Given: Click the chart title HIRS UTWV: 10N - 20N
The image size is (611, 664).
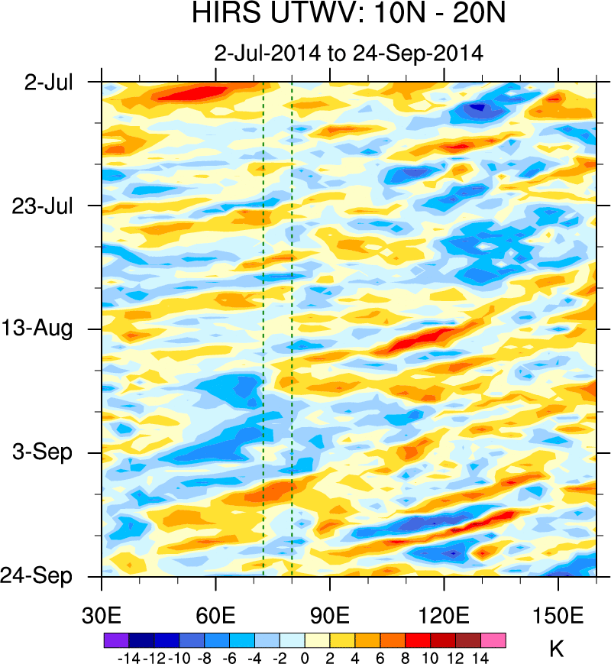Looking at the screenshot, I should tap(348, 15).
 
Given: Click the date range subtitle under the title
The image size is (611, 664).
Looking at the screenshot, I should tap(348, 53).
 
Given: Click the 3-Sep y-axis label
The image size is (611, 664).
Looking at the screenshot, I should tap(45, 452).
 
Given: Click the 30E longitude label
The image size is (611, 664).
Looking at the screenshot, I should tap(102, 616).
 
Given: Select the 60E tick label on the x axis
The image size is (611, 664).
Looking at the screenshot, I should tap(216, 616).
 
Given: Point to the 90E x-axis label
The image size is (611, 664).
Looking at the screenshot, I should tap(330, 616).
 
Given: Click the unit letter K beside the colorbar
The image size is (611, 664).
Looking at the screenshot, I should tap(556, 649).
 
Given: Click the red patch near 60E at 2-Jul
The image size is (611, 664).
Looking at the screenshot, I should tap(195, 92).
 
